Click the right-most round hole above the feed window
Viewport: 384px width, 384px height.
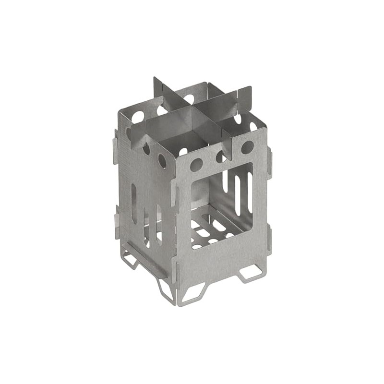(247, 147)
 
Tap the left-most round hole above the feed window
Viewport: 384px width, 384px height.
(196, 165)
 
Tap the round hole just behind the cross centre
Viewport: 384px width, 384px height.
(189, 99)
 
